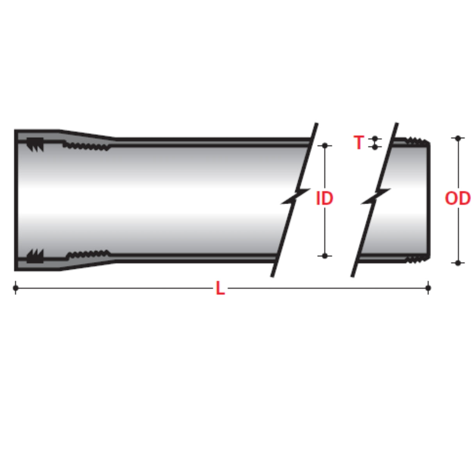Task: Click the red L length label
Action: pyautogui.click(x=220, y=289)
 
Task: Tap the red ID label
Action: pyautogui.click(x=324, y=199)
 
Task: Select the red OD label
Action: pyautogui.click(x=458, y=199)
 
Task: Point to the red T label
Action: pyautogui.click(x=358, y=143)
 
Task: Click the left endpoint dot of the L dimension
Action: pyautogui.click(x=16, y=288)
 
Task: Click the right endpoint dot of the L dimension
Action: pyautogui.click(x=428, y=288)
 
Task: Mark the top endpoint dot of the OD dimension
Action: pyautogui.click(x=458, y=138)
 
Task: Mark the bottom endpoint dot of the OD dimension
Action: pyautogui.click(x=458, y=263)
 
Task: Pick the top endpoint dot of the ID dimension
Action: pyautogui.click(x=325, y=145)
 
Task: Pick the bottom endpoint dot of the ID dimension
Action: pyautogui.click(x=325, y=256)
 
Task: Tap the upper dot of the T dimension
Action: pyautogui.click(x=375, y=138)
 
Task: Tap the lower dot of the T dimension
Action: pyautogui.click(x=375, y=147)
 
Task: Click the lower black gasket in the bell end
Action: pyautogui.click(x=34, y=256)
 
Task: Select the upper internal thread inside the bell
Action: pyautogui.click(x=87, y=147)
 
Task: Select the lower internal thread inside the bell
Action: pyautogui.click(x=88, y=255)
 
